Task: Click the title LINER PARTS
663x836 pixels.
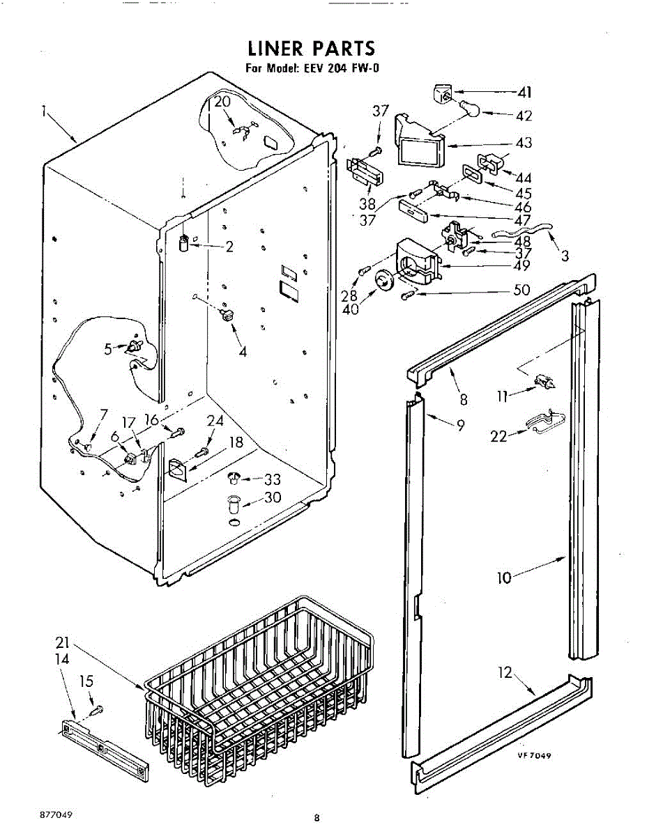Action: tap(312, 48)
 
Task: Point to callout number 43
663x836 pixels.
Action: tap(524, 143)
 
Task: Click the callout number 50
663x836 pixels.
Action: tap(521, 290)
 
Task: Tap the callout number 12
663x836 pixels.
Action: tap(505, 672)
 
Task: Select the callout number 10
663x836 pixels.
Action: tap(504, 577)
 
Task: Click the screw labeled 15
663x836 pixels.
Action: tap(98, 709)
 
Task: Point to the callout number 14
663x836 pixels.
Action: tap(62, 658)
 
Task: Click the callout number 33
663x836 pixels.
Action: tap(272, 479)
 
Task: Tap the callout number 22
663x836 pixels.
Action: tap(498, 436)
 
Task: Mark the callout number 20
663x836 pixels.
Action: tap(222, 101)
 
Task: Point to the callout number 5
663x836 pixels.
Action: tap(108, 350)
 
